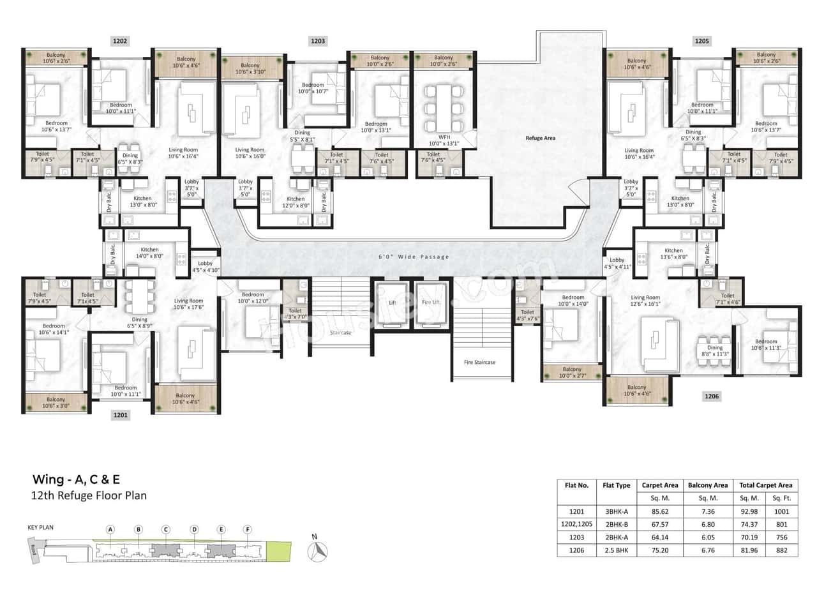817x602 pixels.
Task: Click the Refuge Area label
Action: [540, 137]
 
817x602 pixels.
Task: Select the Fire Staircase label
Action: [479, 362]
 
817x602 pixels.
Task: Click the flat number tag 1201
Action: [121, 415]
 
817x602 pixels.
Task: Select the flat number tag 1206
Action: [712, 396]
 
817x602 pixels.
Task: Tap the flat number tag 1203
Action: [317, 41]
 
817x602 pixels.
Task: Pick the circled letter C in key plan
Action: [165, 529]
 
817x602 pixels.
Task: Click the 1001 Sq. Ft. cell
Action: [781, 511]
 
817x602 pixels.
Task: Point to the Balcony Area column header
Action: [708, 485]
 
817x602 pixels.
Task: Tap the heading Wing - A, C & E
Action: [76, 479]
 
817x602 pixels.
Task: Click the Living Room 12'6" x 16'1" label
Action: [645, 301]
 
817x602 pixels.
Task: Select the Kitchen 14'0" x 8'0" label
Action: [149, 253]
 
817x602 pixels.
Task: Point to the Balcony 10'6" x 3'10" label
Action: [253, 69]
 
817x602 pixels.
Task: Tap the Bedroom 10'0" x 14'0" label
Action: [573, 301]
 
